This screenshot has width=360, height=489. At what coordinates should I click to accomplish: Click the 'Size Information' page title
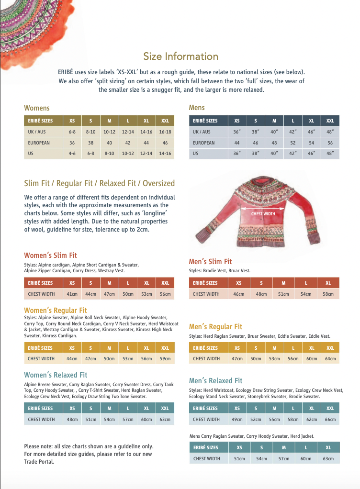(181, 56)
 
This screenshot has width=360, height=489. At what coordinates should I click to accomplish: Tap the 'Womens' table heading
(37, 108)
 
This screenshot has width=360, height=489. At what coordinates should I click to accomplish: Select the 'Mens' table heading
(197, 108)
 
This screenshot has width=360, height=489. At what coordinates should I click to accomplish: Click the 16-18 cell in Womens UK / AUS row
(165, 132)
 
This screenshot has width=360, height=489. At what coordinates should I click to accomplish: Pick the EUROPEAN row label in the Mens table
(203, 143)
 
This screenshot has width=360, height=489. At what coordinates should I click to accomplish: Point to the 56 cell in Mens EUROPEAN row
(330, 143)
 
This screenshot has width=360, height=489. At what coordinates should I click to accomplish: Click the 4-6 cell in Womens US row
(72, 154)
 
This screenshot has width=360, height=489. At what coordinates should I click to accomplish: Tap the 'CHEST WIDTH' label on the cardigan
(263, 214)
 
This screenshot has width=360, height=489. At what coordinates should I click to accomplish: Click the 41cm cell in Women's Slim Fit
(72, 294)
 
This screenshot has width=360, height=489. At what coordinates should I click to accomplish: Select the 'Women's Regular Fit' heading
(56, 311)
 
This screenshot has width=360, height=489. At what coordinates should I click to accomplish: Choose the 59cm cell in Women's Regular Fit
(165, 358)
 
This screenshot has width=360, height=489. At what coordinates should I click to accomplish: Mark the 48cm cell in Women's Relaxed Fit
(72, 419)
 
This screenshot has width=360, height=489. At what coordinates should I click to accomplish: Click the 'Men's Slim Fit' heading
(210, 262)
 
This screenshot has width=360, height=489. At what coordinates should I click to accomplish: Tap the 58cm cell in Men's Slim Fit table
(328, 294)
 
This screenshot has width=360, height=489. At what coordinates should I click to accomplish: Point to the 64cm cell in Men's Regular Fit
(330, 358)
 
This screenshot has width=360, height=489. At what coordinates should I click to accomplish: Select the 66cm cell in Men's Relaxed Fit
(330, 419)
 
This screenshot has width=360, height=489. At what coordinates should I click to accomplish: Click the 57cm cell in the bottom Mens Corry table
(284, 458)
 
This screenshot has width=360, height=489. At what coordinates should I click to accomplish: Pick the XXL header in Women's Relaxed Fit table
(165, 408)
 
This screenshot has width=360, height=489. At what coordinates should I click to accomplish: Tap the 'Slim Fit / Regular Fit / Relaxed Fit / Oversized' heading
(100, 183)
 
